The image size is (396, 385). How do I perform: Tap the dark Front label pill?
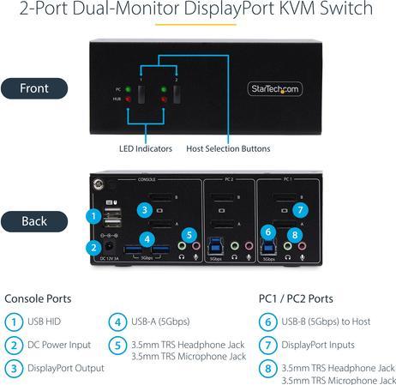34,87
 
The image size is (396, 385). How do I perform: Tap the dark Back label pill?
34,221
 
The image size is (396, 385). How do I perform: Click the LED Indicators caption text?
145,148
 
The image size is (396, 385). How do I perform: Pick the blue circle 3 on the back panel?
146,208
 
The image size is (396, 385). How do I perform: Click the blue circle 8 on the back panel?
293,233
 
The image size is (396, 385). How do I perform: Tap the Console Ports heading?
38,299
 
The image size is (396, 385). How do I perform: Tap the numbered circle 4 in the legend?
117,322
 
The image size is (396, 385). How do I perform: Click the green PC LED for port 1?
127,88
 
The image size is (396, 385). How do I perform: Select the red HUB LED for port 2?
161,99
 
